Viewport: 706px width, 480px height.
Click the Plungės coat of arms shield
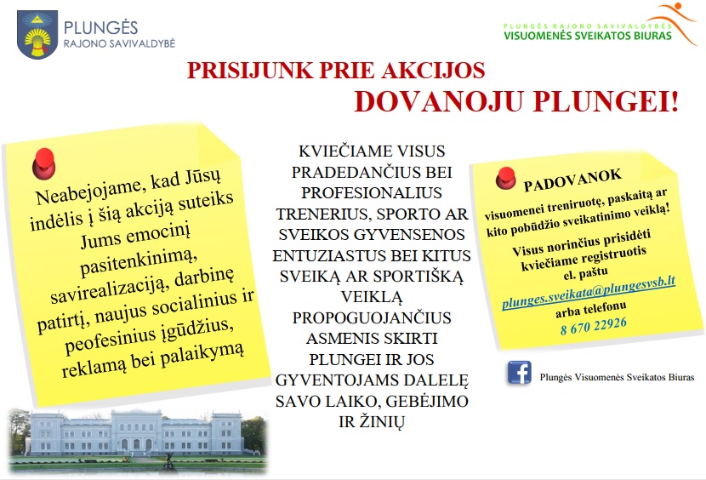[x=37, y=34]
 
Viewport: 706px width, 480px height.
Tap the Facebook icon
[x=520, y=372]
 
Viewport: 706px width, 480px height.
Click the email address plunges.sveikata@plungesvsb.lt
[x=589, y=292]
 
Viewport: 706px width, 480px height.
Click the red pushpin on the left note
[x=43, y=163]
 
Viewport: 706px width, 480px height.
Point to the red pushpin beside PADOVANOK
[x=505, y=178]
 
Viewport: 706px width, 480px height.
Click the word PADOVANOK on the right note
[x=572, y=180]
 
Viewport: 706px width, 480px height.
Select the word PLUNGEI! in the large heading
[x=606, y=102]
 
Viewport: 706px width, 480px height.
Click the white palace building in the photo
[x=136, y=432]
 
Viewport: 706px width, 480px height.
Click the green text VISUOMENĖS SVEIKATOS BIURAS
[x=588, y=36]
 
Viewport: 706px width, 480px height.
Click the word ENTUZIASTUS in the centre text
[x=329, y=256]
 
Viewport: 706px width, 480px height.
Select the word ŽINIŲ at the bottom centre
[x=382, y=422]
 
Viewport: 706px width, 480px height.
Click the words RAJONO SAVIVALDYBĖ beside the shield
[x=119, y=43]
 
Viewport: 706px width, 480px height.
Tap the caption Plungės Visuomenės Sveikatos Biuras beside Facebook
[x=617, y=377]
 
